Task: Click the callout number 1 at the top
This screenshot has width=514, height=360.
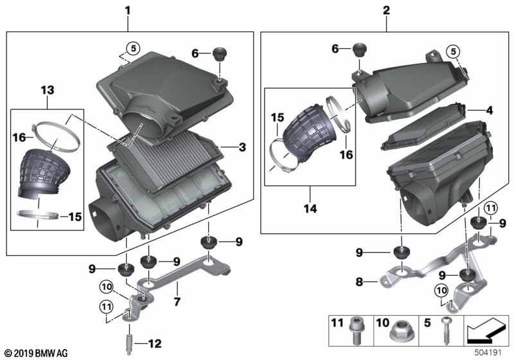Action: click(x=127, y=10)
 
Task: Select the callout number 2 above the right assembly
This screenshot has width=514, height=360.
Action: click(x=385, y=10)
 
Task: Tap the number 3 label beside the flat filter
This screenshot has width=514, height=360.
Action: click(x=242, y=148)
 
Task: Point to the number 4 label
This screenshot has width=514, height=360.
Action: click(x=489, y=111)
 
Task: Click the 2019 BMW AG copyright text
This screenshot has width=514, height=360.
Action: click(x=35, y=353)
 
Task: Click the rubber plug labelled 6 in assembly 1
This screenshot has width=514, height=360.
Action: click(x=221, y=52)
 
